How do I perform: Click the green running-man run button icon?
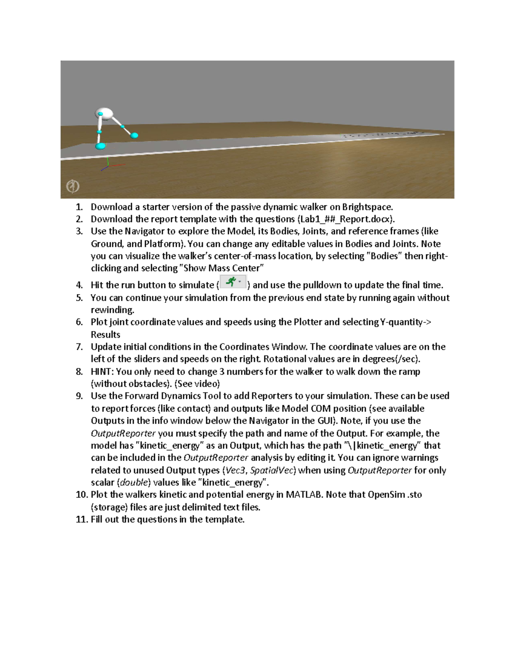(232, 282)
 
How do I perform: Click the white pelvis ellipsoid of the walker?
(104, 114)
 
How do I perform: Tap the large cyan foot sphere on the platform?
(100, 146)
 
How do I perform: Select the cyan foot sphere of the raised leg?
(134, 136)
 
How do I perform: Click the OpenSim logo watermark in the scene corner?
(73, 186)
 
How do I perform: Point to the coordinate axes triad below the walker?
(109, 165)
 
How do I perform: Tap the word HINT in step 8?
(101, 371)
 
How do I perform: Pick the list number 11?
(81, 519)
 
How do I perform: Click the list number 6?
(79, 322)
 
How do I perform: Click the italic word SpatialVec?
(272, 470)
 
